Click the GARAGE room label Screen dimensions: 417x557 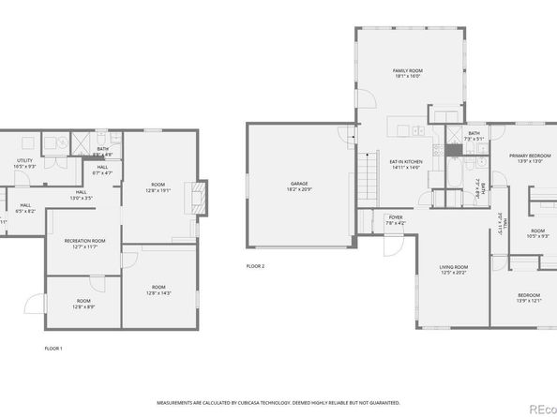coord(298,186)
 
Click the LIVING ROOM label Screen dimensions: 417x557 coord(454,270)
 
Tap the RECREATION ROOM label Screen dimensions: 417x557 coord(84,244)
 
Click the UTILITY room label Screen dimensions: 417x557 coord(24,163)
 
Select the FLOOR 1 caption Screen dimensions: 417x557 coord(54,348)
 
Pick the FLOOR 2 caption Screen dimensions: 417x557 coord(255,266)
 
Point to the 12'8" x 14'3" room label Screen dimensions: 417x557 coord(158,290)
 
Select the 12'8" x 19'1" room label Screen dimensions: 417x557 coord(158,187)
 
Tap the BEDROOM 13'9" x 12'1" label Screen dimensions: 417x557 coord(530,297)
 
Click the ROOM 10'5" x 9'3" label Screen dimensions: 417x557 coord(537,233)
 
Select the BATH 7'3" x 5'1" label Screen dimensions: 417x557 coord(474,136)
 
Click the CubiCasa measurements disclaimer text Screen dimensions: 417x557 coord(278,397)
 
